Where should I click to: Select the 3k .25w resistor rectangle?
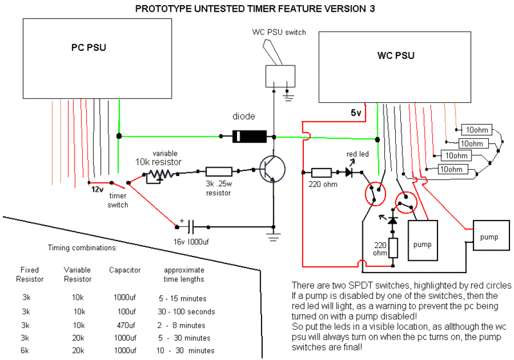point(218,172)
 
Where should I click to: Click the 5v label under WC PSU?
point(356,113)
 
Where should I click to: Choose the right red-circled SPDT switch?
point(404,203)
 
